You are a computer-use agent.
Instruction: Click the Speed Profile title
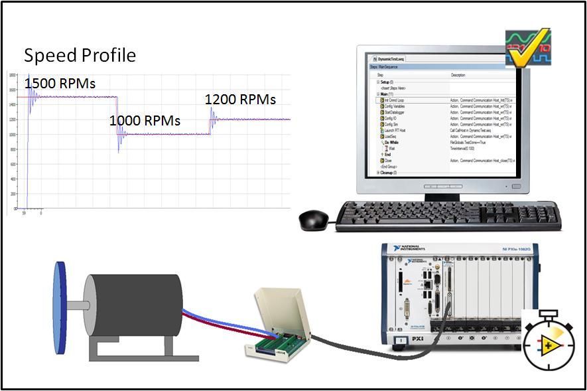(x=80, y=55)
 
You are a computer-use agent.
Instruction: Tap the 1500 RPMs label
(x=60, y=84)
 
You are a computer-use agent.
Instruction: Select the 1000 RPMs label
(x=145, y=121)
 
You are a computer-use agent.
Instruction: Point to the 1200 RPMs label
(x=240, y=100)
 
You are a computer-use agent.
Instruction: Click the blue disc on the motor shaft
(x=60, y=306)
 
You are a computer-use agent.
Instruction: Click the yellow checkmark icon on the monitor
(x=528, y=48)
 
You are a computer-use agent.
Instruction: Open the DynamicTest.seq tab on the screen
(x=391, y=59)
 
